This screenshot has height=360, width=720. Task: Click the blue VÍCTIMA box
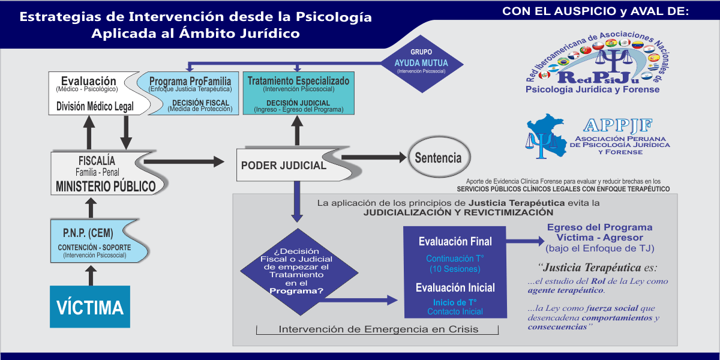click(90, 307)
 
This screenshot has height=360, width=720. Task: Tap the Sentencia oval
click(438, 158)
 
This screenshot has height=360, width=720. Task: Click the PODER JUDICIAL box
click(284, 165)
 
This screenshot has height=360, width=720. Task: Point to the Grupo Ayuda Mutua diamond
click(421, 63)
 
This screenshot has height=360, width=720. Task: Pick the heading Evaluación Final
click(455, 242)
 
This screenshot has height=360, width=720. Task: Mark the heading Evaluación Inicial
click(455, 287)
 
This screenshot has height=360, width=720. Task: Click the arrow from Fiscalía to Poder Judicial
click(183, 161)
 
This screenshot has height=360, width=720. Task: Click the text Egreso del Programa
click(599, 228)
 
